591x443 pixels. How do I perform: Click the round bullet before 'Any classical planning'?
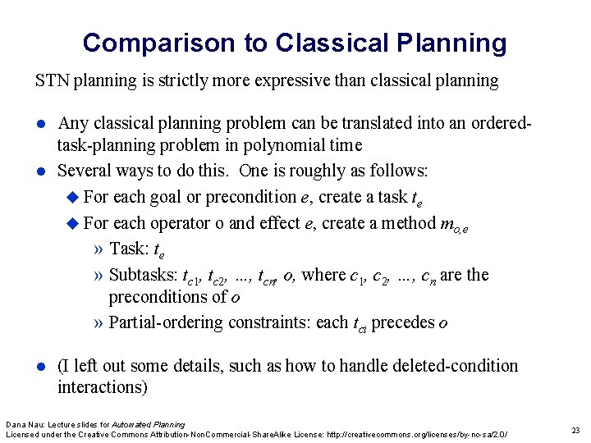tap(40, 125)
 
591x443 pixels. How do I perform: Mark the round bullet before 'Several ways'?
tap(40, 171)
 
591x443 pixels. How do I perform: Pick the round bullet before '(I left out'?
tap(40, 367)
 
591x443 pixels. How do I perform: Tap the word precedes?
tap(403, 322)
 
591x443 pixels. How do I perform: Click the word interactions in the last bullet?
tap(98, 386)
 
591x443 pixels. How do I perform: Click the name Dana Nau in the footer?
tap(21, 424)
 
